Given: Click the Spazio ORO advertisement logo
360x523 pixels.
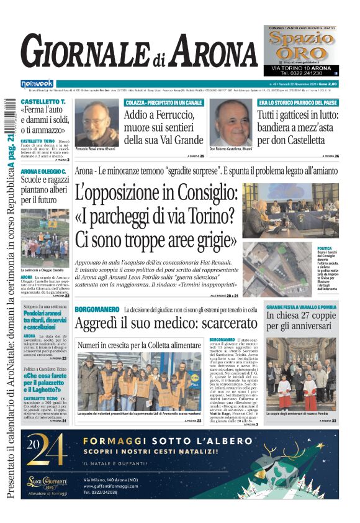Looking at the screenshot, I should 300,44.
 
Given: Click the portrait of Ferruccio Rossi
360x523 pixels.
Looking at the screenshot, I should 99,122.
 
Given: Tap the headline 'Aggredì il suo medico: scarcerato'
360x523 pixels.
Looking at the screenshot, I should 166,322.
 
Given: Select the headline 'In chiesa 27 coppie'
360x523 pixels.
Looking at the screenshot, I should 301,317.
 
